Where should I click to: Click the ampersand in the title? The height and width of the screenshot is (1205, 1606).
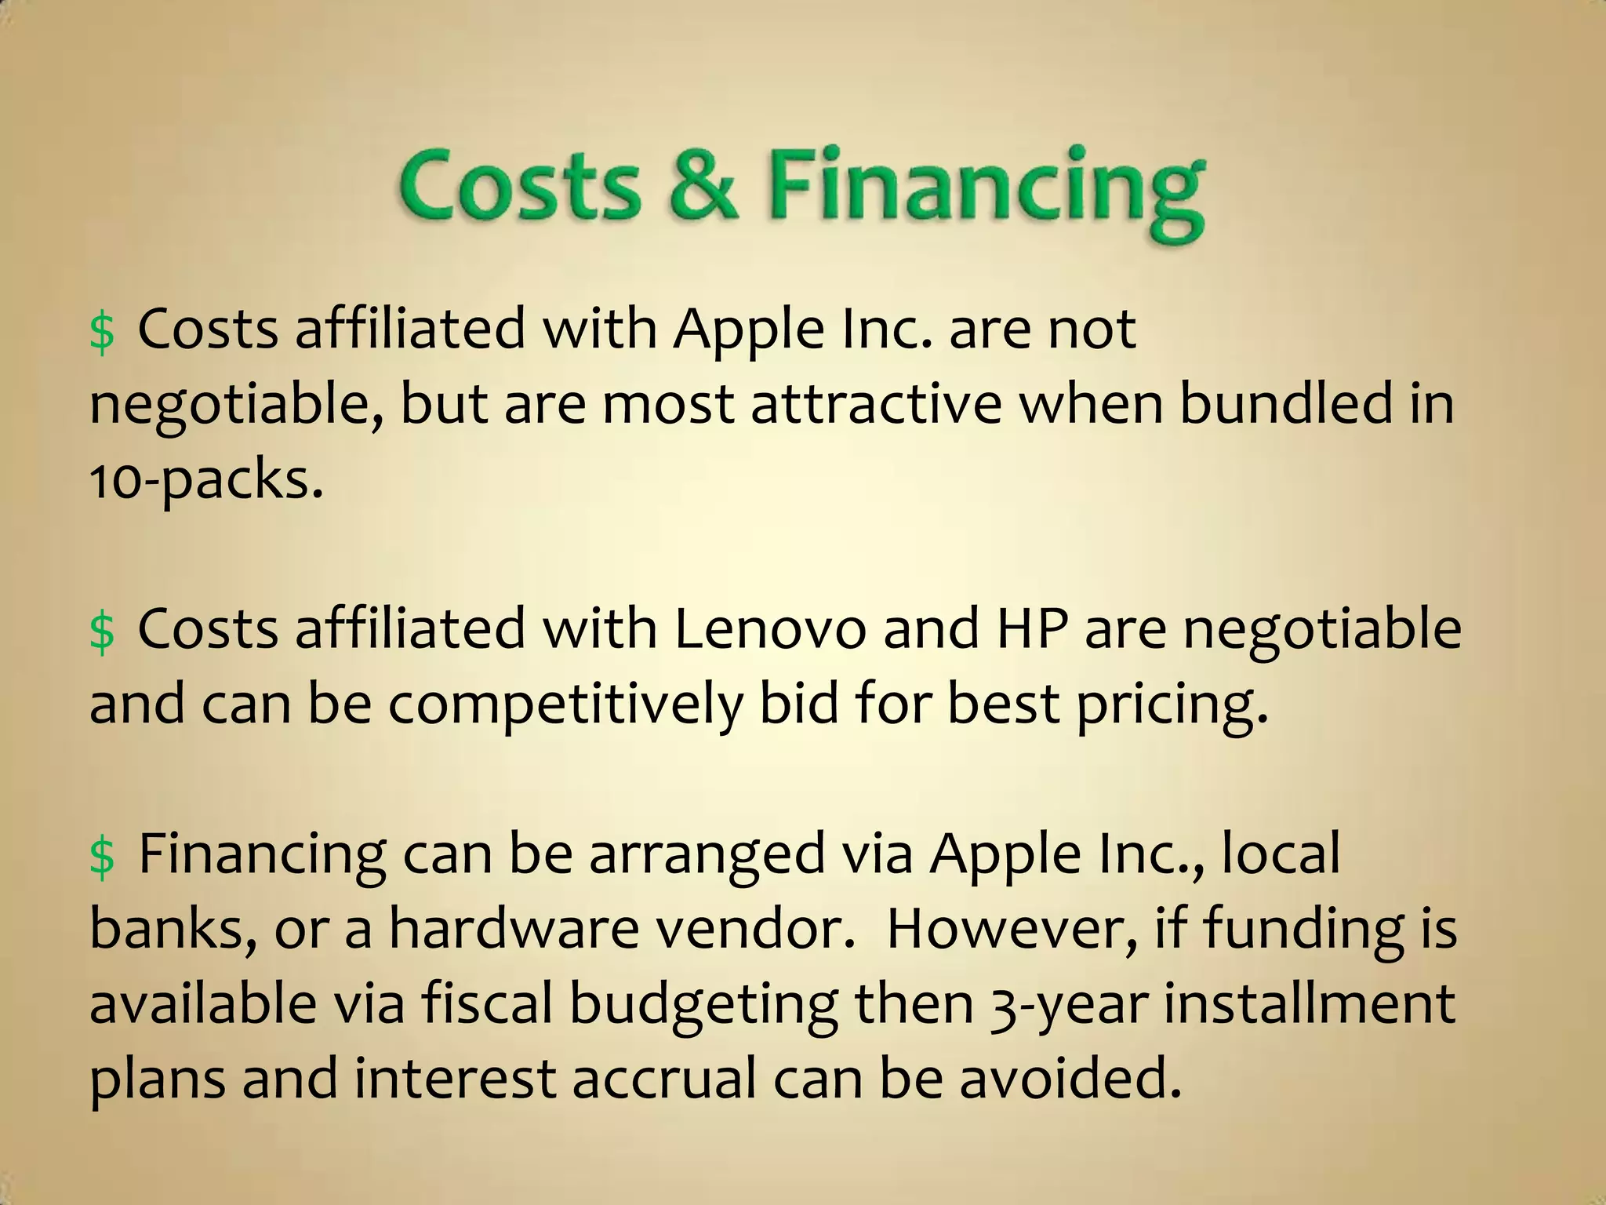704,186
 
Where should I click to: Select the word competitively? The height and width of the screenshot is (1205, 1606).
565,704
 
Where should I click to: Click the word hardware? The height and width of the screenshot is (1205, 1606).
514,929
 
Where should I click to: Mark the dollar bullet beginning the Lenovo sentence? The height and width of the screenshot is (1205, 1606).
102,632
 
